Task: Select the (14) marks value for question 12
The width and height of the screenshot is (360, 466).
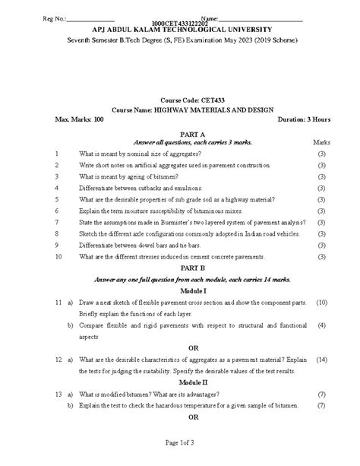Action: [321, 360]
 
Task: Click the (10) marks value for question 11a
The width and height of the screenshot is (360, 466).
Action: [321, 303]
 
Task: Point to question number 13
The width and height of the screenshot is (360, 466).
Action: [57, 395]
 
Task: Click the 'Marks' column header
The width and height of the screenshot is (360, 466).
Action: [321, 142]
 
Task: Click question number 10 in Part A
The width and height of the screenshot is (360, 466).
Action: [57, 257]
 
